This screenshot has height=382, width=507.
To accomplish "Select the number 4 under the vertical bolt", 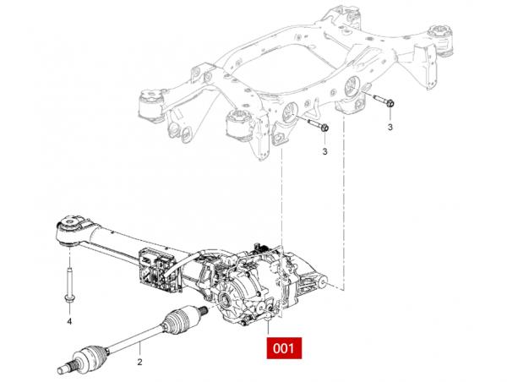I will click(69, 322).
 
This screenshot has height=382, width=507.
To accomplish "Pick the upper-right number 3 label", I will click(391, 126).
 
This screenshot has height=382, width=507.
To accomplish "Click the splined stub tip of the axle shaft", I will click(61, 368).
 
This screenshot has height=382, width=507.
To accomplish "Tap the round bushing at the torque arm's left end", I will click(69, 228).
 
